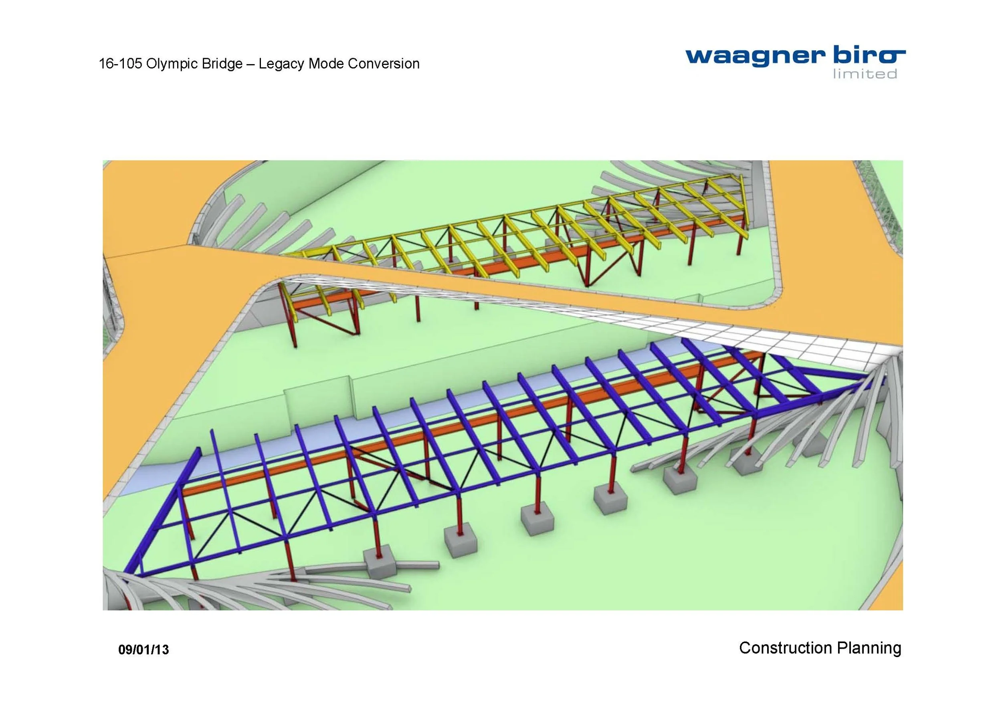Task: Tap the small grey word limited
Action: (x=865, y=75)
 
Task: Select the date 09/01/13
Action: (x=143, y=650)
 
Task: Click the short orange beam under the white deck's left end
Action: (x=323, y=299)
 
